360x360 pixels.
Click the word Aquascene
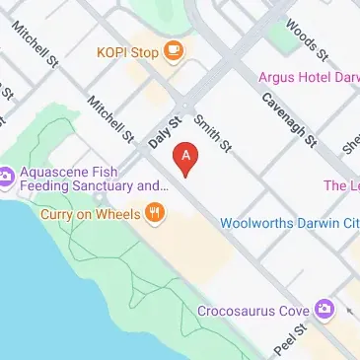(56, 170)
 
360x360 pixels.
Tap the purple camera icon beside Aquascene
(7, 178)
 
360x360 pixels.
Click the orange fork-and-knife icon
(154, 212)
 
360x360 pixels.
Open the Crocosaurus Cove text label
(252, 311)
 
